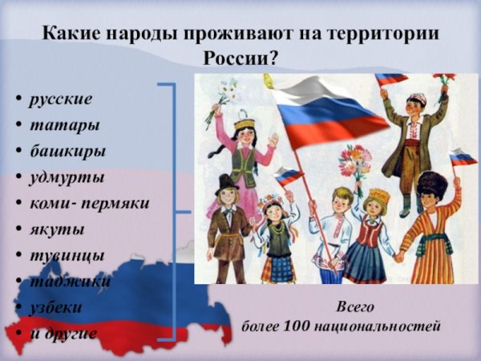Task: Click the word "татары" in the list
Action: pos(65,126)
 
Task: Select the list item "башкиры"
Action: pos(68,152)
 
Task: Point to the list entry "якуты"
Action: pos(57,229)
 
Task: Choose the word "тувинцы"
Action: pos(67,254)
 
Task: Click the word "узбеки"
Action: pos(56,306)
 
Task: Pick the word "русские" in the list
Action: pos(61,100)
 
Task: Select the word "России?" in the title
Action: pos(240,59)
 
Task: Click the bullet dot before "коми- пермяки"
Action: pos(17,205)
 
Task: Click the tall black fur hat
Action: pos(432,184)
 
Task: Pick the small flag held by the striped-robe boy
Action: pos(463,157)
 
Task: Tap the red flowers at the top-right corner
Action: pos(444,78)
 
